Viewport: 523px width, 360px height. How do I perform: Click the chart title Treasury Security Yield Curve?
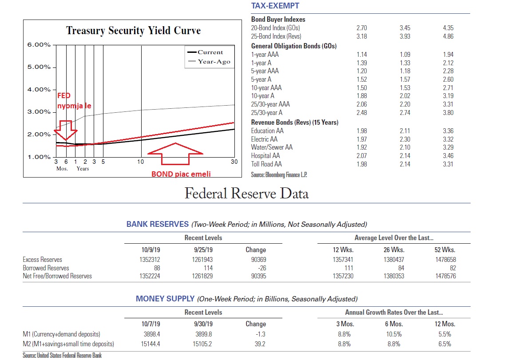[134, 30]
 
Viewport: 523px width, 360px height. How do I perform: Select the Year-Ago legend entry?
[209, 62]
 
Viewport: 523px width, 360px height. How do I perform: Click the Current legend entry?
[205, 52]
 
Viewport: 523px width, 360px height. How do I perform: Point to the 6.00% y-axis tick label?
[39, 45]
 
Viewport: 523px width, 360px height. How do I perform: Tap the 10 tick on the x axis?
[141, 162]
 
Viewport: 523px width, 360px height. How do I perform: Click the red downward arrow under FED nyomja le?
[66, 130]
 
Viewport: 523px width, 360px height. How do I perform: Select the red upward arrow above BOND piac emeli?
[175, 154]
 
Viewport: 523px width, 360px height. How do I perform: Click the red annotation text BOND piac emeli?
[181, 174]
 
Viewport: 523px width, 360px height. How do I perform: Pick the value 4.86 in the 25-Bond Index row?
[448, 36]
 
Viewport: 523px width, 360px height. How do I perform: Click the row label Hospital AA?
[265, 156]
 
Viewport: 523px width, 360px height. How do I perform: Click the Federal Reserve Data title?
[247, 194]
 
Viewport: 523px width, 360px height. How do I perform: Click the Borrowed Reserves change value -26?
[262, 268]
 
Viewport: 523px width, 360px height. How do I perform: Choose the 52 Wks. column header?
[445, 250]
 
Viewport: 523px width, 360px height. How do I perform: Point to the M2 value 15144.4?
[151, 344]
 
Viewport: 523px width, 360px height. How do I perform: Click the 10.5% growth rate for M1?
[394, 334]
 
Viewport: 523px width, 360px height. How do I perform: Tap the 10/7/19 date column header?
[151, 324]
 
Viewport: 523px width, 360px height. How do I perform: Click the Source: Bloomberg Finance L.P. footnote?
[279, 175]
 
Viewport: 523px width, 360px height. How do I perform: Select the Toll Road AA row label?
[266, 164]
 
